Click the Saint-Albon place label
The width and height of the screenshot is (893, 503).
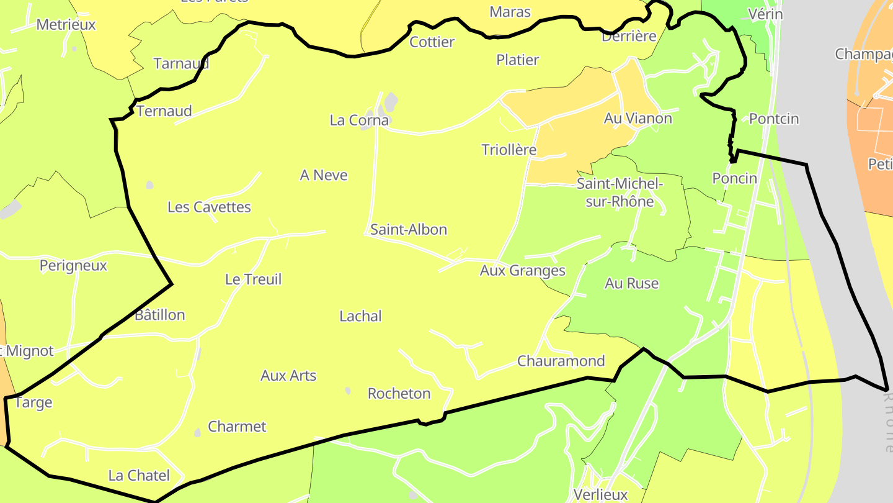pos(409,230)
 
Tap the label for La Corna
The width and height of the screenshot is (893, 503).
pos(359,120)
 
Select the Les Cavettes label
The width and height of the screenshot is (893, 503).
pos(209,207)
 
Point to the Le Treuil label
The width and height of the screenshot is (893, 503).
pos(253,279)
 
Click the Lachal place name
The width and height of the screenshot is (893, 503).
pos(360,317)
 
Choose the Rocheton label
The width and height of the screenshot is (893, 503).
pos(399,394)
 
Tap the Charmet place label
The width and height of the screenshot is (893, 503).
pos(237,427)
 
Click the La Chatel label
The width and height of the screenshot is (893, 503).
pos(139,476)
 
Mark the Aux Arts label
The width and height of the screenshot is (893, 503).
pos(288,376)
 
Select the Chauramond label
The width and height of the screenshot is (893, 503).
pos(561,361)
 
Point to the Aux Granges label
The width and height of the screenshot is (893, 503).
pos(522,271)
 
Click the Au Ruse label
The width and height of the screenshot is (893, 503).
pos(631,284)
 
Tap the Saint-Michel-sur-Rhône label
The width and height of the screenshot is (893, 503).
pos(620,193)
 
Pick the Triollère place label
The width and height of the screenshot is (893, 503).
pos(509,150)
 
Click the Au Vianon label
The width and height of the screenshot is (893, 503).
pos(638,119)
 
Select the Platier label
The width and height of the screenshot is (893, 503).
pos(517,60)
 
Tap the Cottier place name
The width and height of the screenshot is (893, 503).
pos(432,42)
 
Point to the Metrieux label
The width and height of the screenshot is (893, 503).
pos(66,25)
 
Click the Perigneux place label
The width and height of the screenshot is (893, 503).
pos(73,266)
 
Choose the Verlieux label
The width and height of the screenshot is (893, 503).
pos(600,495)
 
